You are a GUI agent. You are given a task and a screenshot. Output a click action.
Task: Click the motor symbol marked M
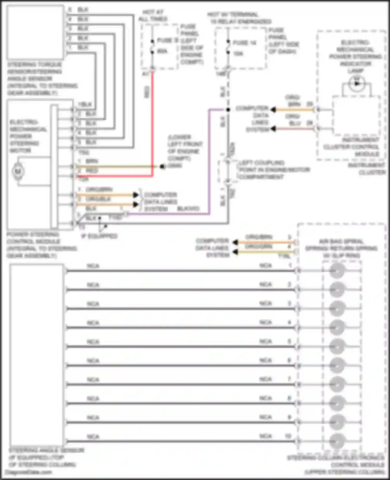pyautogui.click(x=18, y=171)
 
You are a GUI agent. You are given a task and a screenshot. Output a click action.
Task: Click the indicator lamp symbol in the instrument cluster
pyautogui.click(x=357, y=83)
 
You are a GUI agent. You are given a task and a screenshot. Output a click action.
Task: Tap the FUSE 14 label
pyautogui.click(x=244, y=43)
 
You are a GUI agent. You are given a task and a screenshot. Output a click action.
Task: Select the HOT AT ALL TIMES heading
pyautogui.click(x=153, y=16)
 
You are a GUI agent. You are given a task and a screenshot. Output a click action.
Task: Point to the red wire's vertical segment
pyautogui.click(x=152, y=122)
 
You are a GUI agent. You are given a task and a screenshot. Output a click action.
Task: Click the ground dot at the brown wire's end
pyautogui.click(x=162, y=166)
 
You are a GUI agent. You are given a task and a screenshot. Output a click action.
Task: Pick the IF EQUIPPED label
pyautogui.click(x=100, y=236)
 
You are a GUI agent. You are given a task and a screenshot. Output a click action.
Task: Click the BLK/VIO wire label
pyautogui.click(x=188, y=209)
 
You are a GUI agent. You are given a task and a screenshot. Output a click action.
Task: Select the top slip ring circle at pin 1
pyautogui.click(x=337, y=271)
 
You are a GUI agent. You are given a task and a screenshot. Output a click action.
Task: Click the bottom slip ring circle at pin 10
pyautogui.click(x=337, y=441)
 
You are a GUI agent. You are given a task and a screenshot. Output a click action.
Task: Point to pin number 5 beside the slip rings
pyautogui.click(x=289, y=341)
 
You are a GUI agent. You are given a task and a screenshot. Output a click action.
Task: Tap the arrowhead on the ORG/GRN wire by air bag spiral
pyautogui.click(x=235, y=252)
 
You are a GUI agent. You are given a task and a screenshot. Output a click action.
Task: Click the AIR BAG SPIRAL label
pyautogui.click(x=341, y=248)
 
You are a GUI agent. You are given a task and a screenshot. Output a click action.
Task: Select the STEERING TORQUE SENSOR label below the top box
pyautogui.click(x=42, y=79)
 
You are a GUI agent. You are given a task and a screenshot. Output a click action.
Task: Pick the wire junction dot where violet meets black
pyautogui.click(x=228, y=110)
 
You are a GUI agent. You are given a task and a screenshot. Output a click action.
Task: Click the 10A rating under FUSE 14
pyautogui.click(x=238, y=54)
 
